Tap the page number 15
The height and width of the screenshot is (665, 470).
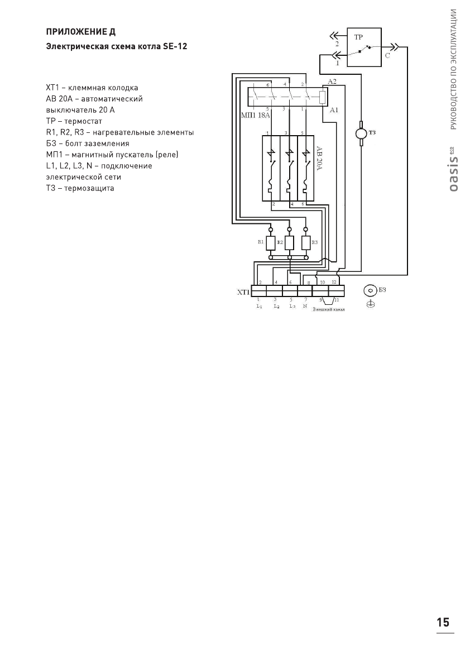point(443,623)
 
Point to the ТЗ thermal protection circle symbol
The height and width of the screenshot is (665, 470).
point(361,133)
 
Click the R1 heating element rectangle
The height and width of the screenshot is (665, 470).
point(271,243)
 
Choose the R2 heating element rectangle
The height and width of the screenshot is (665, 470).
point(289,243)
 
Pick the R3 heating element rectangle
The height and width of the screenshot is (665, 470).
point(306,243)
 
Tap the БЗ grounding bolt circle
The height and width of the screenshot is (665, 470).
point(370,290)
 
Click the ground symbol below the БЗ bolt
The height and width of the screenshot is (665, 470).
point(370,304)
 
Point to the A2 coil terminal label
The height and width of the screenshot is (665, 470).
point(332,82)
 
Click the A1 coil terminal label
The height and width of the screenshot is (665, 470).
point(334,111)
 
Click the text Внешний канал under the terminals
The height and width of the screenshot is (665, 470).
point(328,309)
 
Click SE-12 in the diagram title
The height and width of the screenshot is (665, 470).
point(175,47)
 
